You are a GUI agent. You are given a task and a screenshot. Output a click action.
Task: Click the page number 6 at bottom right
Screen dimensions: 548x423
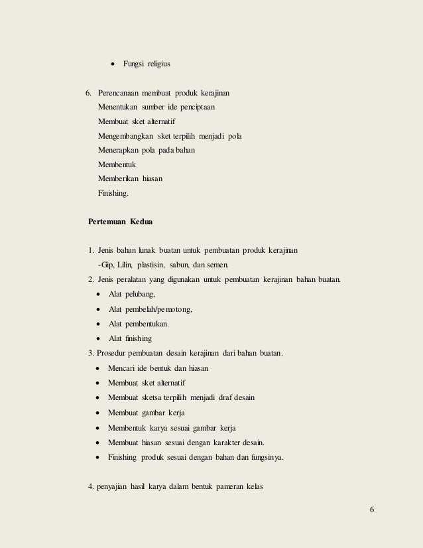(x=372, y=509)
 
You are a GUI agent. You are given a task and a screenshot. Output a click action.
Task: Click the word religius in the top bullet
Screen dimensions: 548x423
(x=157, y=64)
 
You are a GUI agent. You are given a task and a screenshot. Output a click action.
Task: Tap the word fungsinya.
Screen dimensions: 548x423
(x=265, y=456)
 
